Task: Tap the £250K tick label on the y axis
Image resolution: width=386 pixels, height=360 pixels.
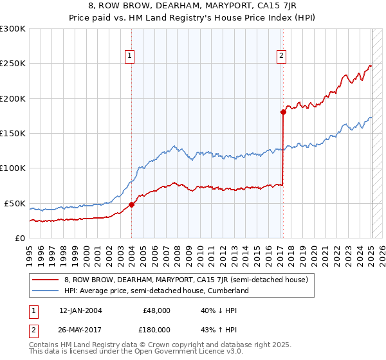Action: click(12, 64)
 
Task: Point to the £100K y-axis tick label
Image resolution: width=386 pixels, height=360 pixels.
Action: click(12, 168)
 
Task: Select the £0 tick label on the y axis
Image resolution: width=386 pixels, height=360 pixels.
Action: click(20, 238)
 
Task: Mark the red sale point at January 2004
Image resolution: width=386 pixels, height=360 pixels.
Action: click(131, 204)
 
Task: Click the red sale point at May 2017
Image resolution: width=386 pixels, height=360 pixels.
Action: click(283, 112)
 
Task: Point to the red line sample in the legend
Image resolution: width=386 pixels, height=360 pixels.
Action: click(46, 280)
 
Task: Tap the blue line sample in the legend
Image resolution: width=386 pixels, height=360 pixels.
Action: click(46, 291)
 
